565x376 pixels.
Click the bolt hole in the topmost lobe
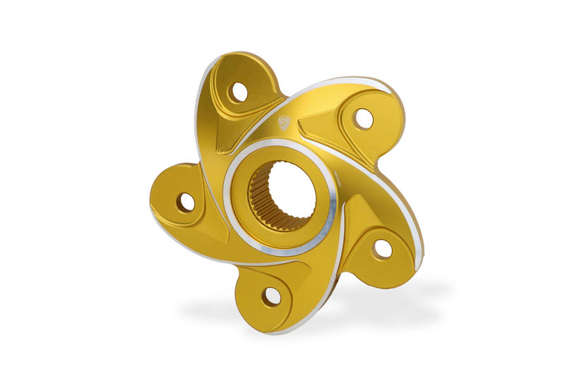[239, 92]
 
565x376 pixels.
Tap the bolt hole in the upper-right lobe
[364, 119]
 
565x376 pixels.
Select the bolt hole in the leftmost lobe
[186, 202]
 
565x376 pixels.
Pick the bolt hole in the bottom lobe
[271, 296]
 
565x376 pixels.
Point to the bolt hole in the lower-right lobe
[382, 248]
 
